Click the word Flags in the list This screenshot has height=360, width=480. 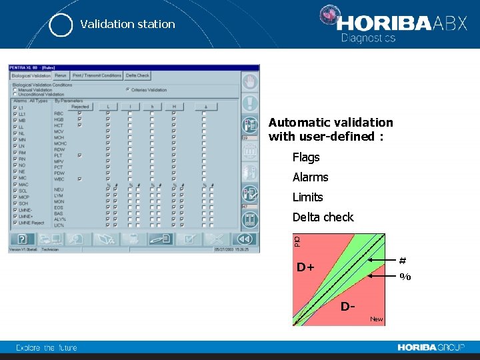(x=306, y=157)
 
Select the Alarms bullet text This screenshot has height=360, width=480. (x=310, y=177)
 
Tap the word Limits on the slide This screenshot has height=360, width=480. (x=307, y=197)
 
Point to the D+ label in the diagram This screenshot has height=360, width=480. (x=306, y=268)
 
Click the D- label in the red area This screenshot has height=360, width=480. (x=347, y=307)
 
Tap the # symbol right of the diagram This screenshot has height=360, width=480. (x=403, y=261)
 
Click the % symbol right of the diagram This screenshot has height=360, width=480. (x=405, y=277)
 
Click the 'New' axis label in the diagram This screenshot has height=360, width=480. (x=377, y=319)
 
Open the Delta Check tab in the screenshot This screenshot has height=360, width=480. (x=138, y=76)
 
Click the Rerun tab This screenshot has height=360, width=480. (x=61, y=76)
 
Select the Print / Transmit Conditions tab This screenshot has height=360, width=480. (x=97, y=76)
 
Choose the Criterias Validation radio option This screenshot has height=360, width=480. (x=128, y=90)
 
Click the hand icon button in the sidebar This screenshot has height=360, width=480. (x=250, y=82)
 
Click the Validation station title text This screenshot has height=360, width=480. (x=127, y=24)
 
